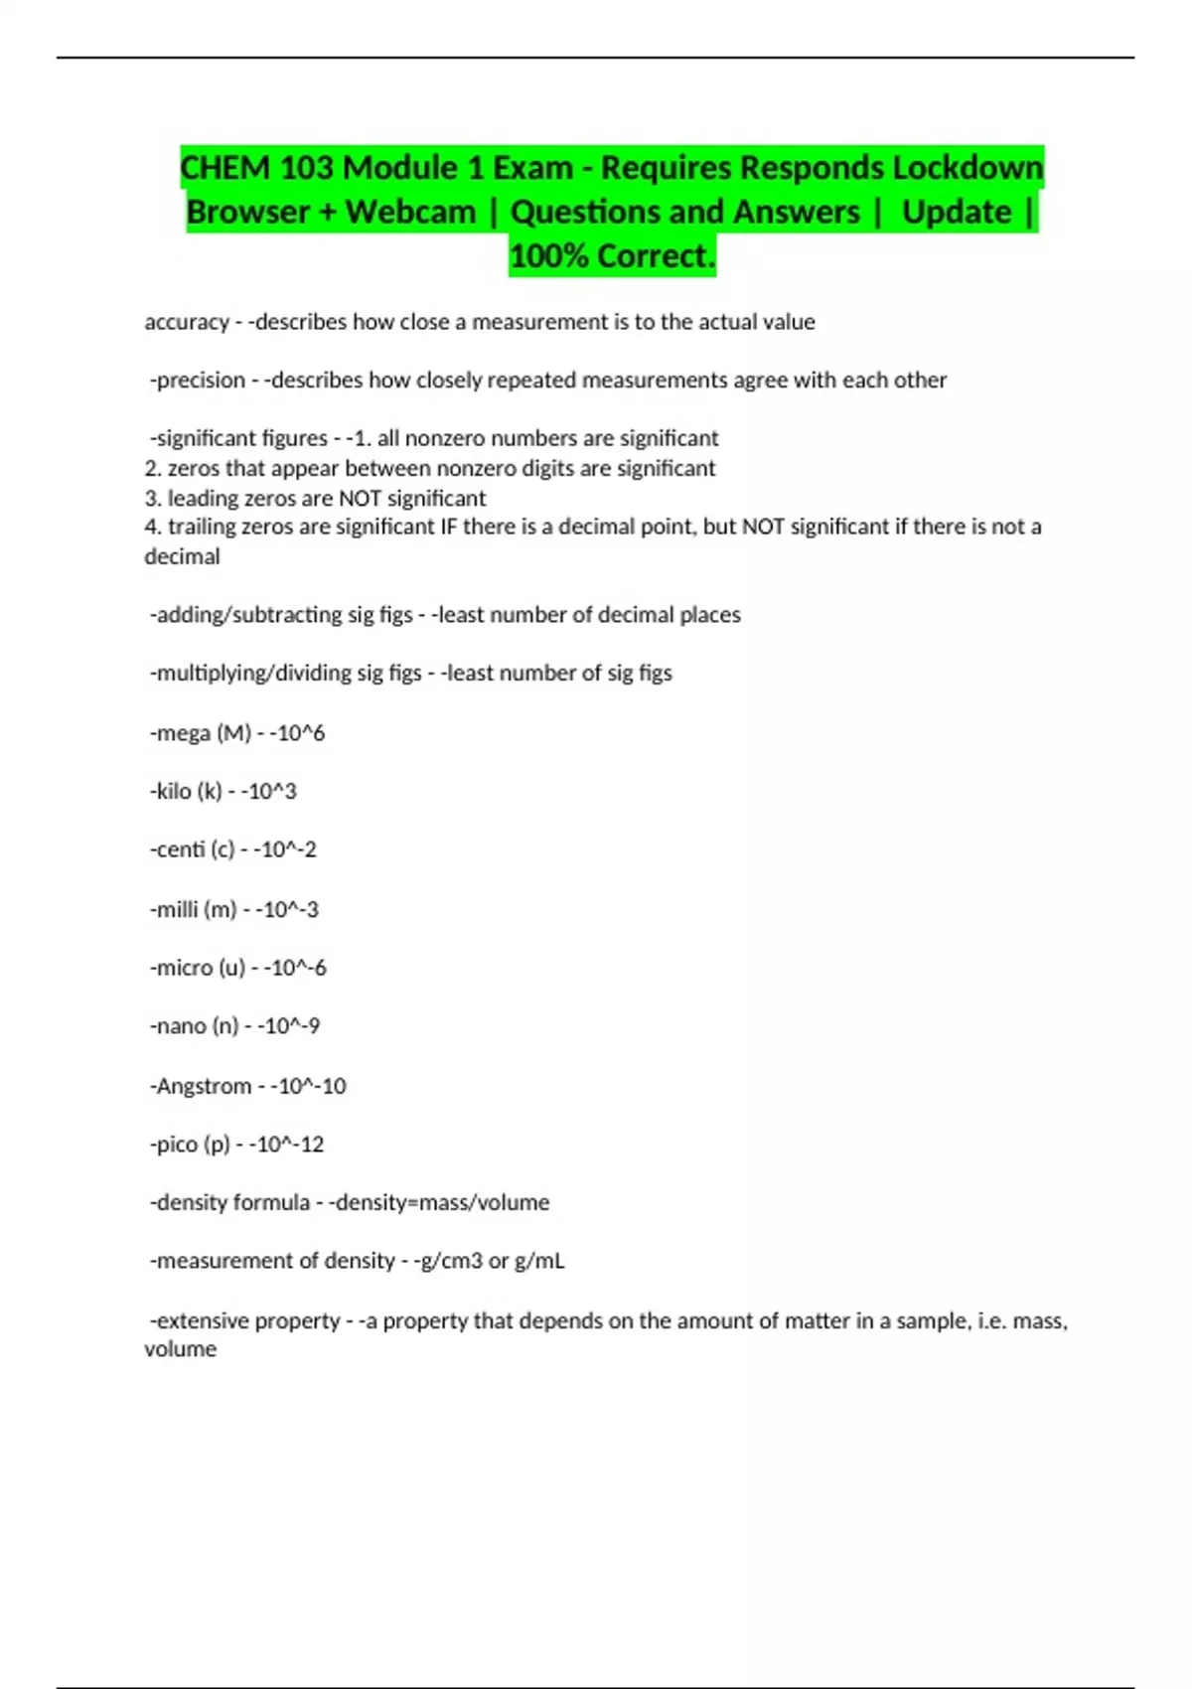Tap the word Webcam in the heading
point(411,212)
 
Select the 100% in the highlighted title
point(548,255)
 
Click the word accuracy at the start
point(187,322)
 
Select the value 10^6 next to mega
point(301,733)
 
